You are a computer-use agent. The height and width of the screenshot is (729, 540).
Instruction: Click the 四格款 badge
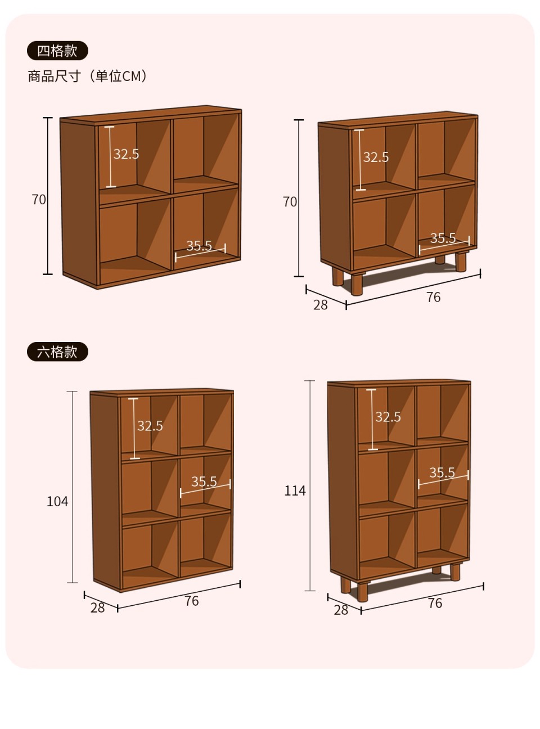point(57,51)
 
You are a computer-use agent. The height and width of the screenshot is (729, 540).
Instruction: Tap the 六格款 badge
point(57,352)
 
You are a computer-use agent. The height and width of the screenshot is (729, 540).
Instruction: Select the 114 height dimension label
point(295,490)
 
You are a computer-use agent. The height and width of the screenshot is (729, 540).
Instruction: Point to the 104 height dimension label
point(57,502)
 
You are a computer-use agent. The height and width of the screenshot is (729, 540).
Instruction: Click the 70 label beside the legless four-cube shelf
point(39,200)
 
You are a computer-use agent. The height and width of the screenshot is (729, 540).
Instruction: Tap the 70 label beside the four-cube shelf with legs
point(290,202)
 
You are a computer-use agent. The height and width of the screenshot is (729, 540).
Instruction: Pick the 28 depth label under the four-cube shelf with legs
point(321,305)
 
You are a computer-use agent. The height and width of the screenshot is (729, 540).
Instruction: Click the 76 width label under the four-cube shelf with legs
point(434,297)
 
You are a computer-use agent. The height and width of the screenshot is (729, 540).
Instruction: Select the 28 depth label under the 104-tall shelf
point(98,607)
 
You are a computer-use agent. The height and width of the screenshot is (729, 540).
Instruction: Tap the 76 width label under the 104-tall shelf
point(192,601)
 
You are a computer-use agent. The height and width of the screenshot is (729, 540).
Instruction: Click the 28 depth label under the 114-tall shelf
point(341,610)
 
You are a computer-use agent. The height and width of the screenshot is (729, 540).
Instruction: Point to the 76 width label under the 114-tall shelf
point(435,603)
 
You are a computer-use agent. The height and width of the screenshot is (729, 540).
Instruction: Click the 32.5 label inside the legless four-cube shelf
point(126,154)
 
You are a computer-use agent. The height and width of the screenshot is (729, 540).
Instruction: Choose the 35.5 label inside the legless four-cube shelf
point(199,245)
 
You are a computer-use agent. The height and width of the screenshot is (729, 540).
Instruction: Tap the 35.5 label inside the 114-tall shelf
point(442,472)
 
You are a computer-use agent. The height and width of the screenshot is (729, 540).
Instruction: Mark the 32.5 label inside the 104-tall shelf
point(150,426)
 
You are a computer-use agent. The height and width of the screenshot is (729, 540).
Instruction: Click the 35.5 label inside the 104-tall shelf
point(204,481)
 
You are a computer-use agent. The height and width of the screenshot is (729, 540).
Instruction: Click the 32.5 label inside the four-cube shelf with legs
point(376,157)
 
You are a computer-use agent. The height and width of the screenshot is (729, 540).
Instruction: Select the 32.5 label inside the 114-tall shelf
point(388,417)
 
